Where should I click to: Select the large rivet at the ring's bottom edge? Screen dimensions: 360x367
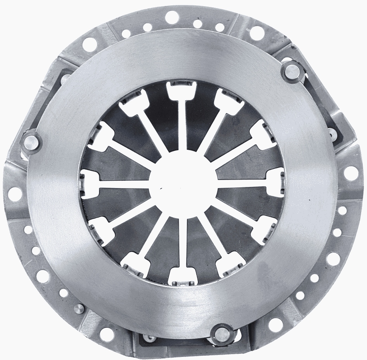(x=223, y=332)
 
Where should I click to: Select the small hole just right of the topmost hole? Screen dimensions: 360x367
(x=197, y=24)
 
